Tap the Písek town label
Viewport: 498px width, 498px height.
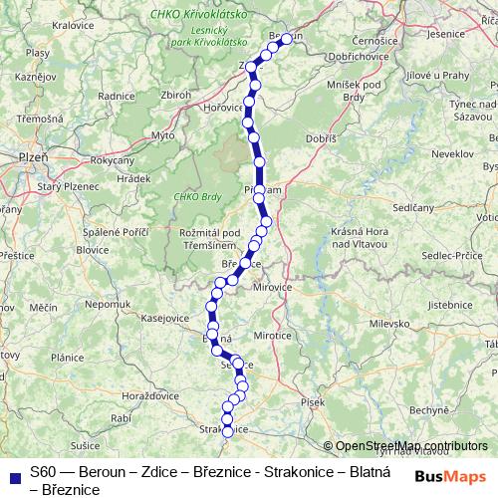click(313, 401)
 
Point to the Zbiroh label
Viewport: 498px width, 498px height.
click(174, 95)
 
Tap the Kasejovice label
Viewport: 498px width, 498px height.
click(165, 318)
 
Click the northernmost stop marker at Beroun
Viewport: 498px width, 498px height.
click(287, 39)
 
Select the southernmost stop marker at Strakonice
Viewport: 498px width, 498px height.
click(227, 431)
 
